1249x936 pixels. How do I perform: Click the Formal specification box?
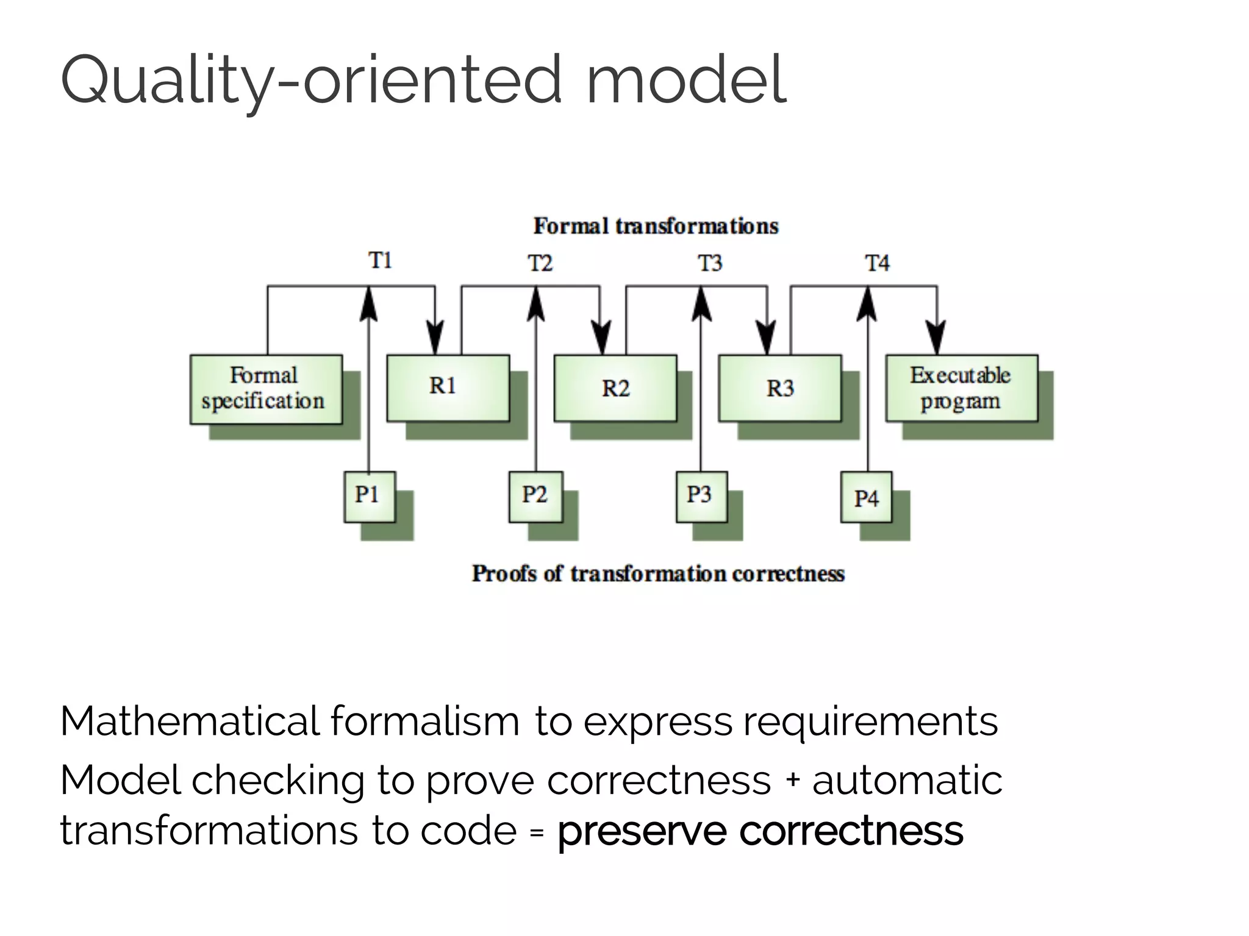[x=266, y=389]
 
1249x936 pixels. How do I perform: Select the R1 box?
[x=448, y=388]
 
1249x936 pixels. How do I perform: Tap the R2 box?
[x=615, y=388]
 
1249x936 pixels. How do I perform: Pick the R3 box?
[x=779, y=388]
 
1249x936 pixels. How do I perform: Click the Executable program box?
[x=961, y=388]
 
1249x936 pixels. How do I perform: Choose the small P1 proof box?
[x=369, y=496]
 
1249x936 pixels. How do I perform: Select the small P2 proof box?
[x=535, y=496]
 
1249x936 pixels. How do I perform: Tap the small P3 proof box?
[x=701, y=496]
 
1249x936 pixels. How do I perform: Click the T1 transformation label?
[x=380, y=261]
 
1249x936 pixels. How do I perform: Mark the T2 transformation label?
[x=540, y=263]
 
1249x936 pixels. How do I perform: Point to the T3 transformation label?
[x=710, y=263]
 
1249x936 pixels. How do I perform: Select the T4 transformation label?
[x=877, y=263]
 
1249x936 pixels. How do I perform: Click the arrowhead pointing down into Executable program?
[x=937, y=338]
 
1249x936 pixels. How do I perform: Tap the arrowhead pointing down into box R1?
[x=435, y=338]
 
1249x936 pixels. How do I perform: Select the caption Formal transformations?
[x=656, y=226]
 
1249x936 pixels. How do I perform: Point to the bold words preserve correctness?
[x=760, y=831]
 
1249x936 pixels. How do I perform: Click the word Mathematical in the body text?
[x=190, y=721]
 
